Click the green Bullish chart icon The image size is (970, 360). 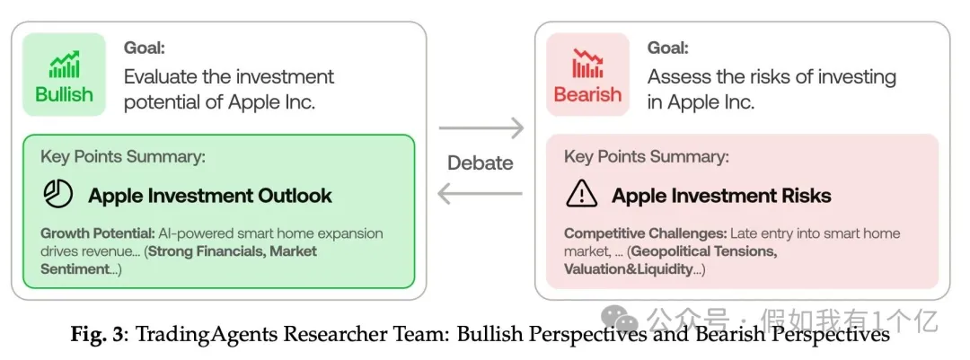click(x=65, y=64)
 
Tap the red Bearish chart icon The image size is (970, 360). click(x=588, y=64)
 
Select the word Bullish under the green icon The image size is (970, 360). click(x=65, y=94)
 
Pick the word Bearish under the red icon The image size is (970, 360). click(x=588, y=94)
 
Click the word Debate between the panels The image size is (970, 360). click(x=481, y=162)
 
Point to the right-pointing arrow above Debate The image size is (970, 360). click(x=481, y=128)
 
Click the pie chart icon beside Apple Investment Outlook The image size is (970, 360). click(x=57, y=195)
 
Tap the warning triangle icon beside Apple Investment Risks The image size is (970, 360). click(x=582, y=195)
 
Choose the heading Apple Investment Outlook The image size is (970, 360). click(x=210, y=196)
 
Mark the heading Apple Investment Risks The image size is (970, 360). click(x=721, y=196)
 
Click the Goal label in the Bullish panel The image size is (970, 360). click(x=145, y=48)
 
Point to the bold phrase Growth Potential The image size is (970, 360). click(x=97, y=233)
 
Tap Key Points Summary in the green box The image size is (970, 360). click(x=123, y=157)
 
